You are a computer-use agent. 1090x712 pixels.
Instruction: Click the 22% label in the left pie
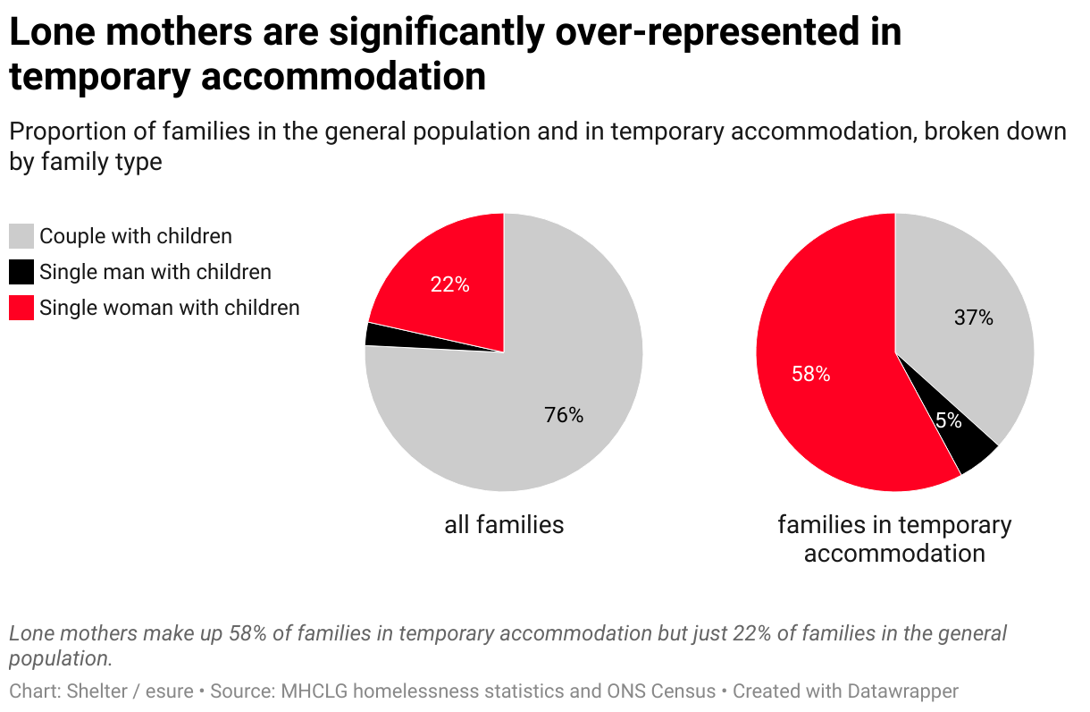tap(449, 285)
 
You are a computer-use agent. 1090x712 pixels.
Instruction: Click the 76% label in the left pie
tap(564, 415)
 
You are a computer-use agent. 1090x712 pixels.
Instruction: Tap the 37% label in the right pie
tap(974, 318)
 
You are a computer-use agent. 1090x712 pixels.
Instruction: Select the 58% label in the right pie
tap(810, 375)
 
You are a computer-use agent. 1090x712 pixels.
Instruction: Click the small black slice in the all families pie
tap(373, 334)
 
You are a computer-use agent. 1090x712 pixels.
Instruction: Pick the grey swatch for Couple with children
tap(21, 236)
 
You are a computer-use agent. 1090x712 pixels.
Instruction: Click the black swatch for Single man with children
tap(21, 272)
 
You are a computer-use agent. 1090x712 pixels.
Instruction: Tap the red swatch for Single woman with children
tap(21, 308)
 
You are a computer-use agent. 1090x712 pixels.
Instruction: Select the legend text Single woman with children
tap(170, 308)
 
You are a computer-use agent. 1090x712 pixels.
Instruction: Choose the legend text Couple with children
tap(136, 236)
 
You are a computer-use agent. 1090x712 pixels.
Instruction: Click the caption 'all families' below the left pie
tap(504, 524)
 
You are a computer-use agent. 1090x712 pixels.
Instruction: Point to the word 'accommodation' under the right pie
tap(894, 553)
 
